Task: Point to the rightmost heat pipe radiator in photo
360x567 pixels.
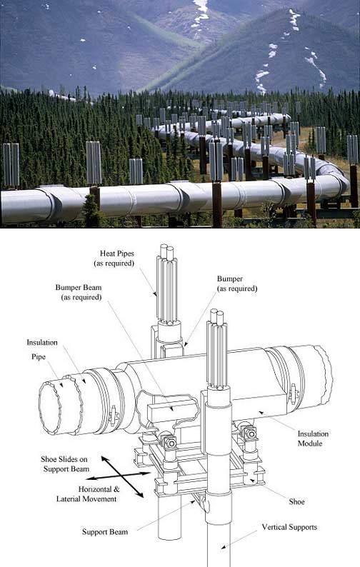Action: tap(352, 149)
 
